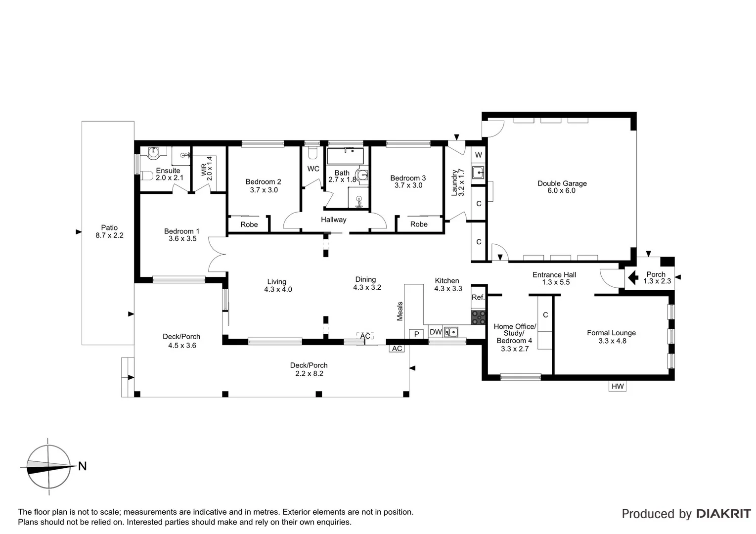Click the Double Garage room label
coord(562,183)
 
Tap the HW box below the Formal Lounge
coord(618,386)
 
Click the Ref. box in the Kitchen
coord(478,297)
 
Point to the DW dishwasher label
coord(435,332)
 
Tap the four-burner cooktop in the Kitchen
coord(478,317)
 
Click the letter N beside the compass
coord(82,466)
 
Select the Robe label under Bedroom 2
coord(249,224)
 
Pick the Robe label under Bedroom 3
coord(419,224)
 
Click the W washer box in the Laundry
coord(478,155)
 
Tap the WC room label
coord(313,169)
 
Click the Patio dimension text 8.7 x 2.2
coord(109,235)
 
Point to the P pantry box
coord(416,334)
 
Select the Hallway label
coord(333,220)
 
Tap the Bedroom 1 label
coord(181,231)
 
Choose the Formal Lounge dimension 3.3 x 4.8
coord(612,341)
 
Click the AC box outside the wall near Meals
coord(397,349)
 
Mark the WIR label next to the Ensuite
coord(204,168)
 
